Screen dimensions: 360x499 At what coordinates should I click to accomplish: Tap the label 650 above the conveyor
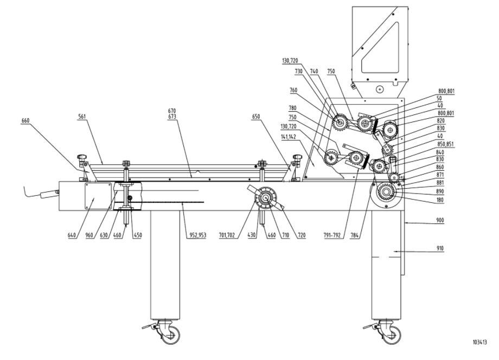(x=258, y=117)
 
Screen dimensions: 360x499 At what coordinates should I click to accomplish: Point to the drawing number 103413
(x=479, y=342)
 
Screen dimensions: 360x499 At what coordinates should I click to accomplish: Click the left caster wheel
(x=168, y=332)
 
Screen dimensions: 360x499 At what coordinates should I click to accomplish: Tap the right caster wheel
(x=389, y=332)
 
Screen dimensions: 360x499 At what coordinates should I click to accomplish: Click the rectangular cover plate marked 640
(x=99, y=196)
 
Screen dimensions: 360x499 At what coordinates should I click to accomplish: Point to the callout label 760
(x=293, y=90)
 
